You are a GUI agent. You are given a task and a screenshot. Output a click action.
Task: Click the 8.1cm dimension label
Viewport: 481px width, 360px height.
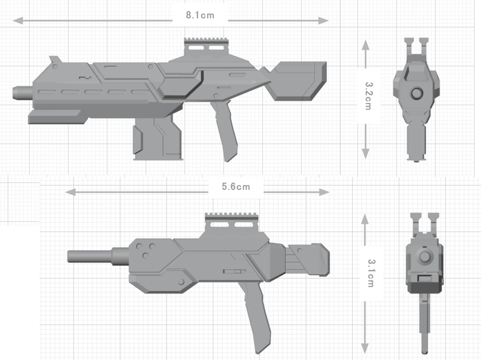pos(200,15)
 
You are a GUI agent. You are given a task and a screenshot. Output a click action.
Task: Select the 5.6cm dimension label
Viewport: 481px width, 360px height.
pos(236,187)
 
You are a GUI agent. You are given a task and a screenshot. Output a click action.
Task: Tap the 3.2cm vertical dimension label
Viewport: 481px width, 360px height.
pos(369,96)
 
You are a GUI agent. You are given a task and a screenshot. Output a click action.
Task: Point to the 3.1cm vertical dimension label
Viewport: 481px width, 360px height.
pos(371,273)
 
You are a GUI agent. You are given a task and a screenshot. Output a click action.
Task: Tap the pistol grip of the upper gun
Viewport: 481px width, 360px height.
pos(225,132)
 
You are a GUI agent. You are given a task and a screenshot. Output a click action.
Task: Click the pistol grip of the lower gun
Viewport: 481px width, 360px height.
pos(256,315)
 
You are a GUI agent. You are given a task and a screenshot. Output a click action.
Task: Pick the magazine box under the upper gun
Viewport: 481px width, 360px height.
pos(157,139)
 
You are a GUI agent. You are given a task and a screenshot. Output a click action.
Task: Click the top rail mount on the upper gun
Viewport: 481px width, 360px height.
pos(207,47)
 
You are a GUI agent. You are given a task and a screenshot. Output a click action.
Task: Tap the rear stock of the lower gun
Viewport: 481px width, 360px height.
pos(308,259)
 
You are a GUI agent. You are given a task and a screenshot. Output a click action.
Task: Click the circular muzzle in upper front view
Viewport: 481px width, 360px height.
pos(416,93)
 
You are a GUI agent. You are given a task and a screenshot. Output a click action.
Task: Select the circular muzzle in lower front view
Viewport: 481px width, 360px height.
pos(426,256)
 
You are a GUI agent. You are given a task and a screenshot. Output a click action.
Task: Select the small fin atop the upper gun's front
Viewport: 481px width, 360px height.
pos(55,60)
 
